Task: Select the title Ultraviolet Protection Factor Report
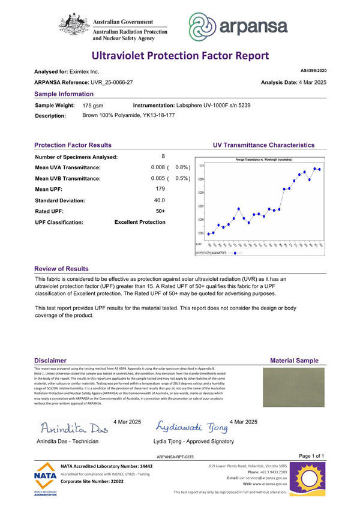click(180, 56)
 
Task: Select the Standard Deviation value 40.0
click(159, 200)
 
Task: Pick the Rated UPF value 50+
click(160, 211)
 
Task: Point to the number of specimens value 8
click(163, 157)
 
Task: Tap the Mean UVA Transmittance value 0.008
click(158, 167)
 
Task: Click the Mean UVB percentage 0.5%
click(182, 178)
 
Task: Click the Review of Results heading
click(61, 269)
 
